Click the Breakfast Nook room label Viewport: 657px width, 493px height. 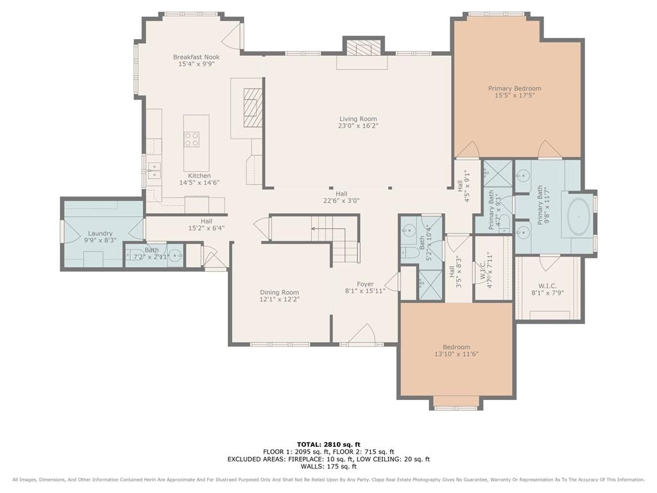[x=196, y=57]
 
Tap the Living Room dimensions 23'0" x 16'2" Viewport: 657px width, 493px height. [x=358, y=126]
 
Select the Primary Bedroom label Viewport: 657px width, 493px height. [x=515, y=89]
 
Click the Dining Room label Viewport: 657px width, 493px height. [x=280, y=293]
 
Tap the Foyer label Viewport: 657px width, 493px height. [x=365, y=284]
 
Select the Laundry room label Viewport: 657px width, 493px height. [x=100, y=234]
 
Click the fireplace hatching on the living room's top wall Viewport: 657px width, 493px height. [x=364, y=48]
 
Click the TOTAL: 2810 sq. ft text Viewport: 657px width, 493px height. [x=328, y=444]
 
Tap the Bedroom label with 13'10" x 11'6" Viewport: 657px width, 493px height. [x=456, y=347]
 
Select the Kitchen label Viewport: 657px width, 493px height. [x=200, y=176]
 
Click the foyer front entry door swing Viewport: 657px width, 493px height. [x=361, y=334]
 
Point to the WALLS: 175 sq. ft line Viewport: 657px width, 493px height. [x=328, y=466]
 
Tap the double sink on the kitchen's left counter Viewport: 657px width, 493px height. [x=154, y=170]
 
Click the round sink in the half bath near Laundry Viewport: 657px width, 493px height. [x=175, y=255]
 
